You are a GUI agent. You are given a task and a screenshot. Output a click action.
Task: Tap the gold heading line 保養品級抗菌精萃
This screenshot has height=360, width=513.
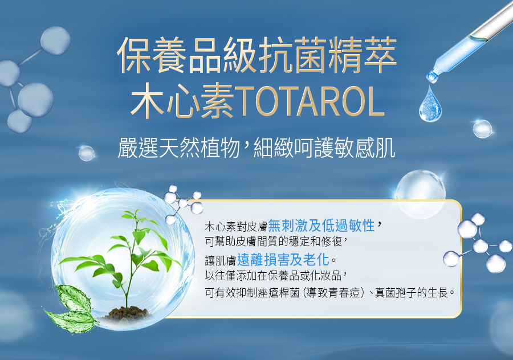point(257,55)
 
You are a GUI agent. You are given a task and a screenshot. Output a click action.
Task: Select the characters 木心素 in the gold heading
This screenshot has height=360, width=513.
point(182,101)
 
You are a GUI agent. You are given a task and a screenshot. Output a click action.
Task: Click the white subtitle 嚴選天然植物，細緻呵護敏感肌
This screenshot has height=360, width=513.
point(256,148)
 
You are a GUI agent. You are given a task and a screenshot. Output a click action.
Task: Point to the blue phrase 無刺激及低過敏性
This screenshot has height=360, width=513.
point(321,226)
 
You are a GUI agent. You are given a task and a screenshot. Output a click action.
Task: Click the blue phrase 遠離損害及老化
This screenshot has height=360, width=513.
point(283,260)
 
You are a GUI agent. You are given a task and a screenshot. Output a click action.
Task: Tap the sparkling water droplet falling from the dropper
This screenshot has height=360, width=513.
point(430,104)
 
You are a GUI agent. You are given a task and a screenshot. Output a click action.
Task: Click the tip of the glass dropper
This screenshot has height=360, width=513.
point(431,78)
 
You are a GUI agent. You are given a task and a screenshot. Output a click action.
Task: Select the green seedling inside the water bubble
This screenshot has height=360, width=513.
point(124,258)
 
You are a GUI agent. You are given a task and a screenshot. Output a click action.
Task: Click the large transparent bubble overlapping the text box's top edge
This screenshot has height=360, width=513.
point(421,194)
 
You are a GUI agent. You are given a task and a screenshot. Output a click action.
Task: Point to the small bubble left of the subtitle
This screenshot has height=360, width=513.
point(87,153)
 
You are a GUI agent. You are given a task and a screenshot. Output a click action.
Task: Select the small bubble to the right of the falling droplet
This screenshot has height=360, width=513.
point(482,129)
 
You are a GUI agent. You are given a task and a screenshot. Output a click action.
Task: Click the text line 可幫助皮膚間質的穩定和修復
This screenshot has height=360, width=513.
point(274,242)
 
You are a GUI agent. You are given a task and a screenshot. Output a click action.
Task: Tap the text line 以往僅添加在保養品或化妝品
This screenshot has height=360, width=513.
point(274,276)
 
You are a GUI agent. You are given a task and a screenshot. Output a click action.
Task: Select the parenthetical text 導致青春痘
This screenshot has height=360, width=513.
point(333,293)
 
